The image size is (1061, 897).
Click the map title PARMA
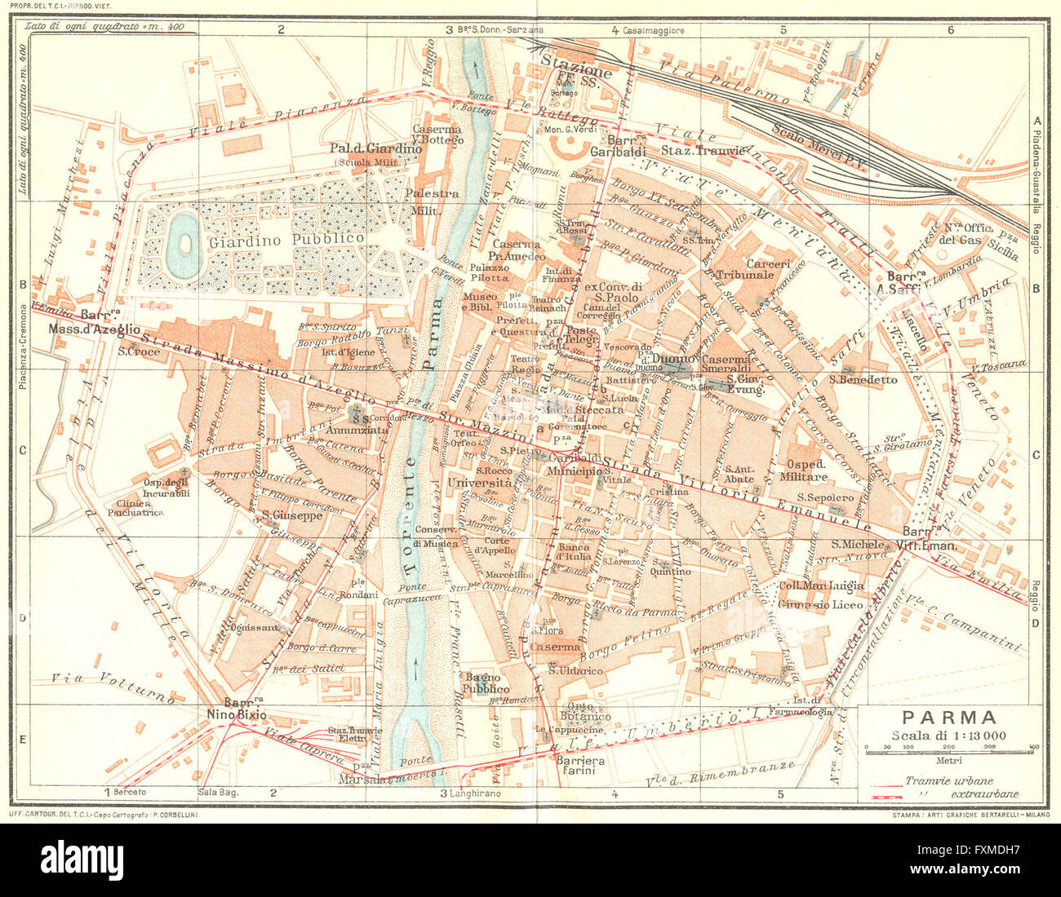click(x=949, y=718)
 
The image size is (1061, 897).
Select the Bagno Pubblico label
click(x=487, y=683)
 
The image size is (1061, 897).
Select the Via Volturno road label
click(x=112, y=686)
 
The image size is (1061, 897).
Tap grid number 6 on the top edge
click(x=950, y=30)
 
